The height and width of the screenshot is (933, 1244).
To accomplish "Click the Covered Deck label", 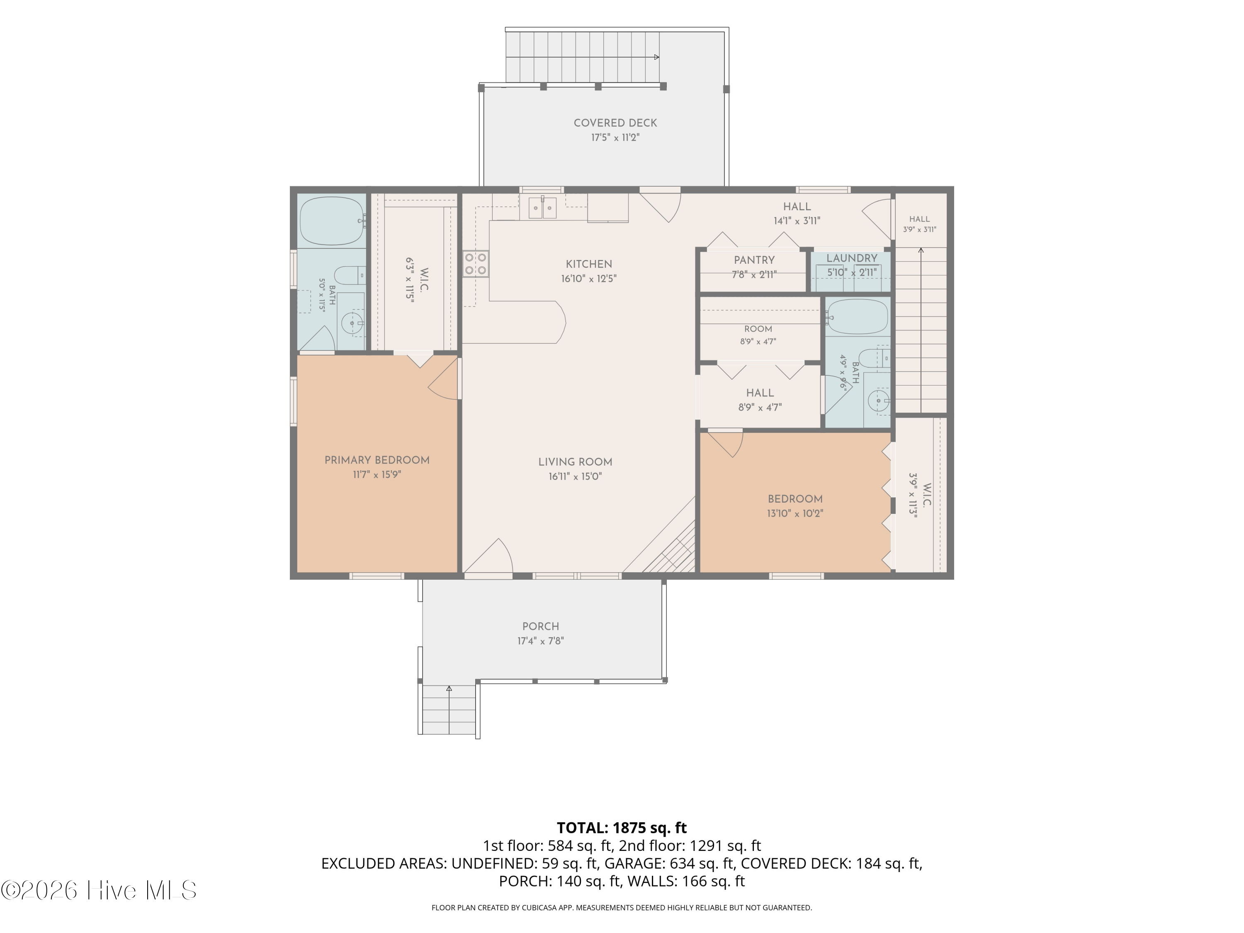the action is [x=615, y=123].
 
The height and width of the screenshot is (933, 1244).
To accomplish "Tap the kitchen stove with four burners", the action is [x=476, y=264].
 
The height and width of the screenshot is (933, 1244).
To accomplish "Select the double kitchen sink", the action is [x=543, y=208].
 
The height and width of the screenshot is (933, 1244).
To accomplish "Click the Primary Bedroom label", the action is [x=377, y=460].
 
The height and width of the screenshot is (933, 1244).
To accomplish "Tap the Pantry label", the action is [x=754, y=260].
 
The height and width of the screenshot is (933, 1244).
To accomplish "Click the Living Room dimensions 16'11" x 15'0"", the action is [x=575, y=476].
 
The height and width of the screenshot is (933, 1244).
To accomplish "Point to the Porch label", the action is [x=540, y=626].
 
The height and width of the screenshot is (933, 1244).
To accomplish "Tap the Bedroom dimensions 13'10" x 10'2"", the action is [x=795, y=513].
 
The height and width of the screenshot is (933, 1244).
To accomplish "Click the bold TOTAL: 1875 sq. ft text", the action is [x=622, y=828].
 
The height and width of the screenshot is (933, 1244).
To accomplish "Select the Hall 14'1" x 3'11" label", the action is [x=797, y=213].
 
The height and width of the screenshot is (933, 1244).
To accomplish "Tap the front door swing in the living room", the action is [x=488, y=557].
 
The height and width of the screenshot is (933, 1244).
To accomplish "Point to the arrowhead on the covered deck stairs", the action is [x=657, y=57].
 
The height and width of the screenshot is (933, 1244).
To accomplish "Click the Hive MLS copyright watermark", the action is [x=98, y=890].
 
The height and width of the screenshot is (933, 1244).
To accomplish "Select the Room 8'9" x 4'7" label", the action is [x=758, y=335].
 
